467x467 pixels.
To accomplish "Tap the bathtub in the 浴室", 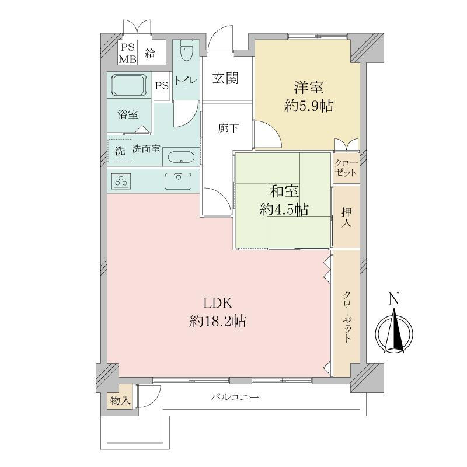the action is pyautogui.click(x=130, y=85).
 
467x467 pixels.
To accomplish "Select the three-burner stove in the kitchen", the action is pyautogui.click(x=121, y=181).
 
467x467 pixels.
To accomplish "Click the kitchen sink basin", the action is pyautogui.click(x=178, y=182).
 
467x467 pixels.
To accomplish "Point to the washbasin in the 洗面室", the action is pyautogui.click(x=181, y=158).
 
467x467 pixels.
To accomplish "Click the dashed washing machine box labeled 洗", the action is pyautogui.click(x=120, y=151).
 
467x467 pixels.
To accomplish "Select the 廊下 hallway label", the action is pyautogui.click(x=228, y=128).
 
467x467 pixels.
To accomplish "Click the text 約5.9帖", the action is pyautogui.click(x=309, y=106).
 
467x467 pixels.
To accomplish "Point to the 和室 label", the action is pyautogui.click(x=284, y=191).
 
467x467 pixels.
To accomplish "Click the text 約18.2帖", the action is pyautogui.click(x=217, y=322).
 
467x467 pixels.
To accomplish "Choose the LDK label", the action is pyautogui.click(x=218, y=304).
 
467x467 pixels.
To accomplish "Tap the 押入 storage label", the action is pyautogui.click(x=346, y=217).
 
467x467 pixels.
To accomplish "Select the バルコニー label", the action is pyautogui.click(x=235, y=397).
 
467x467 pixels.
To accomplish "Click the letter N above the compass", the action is pyautogui.click(x=394, y=298).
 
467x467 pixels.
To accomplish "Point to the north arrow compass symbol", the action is pyautogui.click(x=394, y=332).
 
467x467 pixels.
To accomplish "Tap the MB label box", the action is pyautogui.click(x=128, y=59).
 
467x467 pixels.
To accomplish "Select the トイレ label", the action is pyautogui.click(x=186, y=81).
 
